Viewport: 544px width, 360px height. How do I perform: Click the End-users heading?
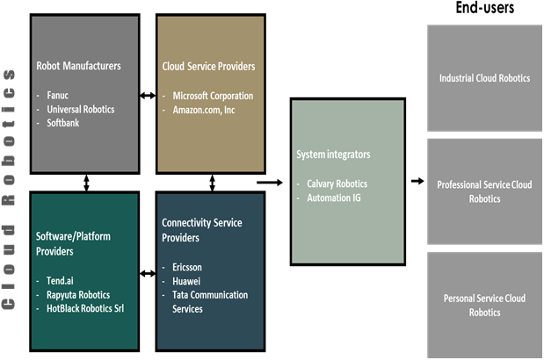pyautogui.click(x=484, y=9)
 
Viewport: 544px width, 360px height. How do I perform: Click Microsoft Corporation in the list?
pyautogui.click(x=213, y=96)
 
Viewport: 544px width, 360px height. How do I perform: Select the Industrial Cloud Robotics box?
pyautogui.click(x=484, y=78)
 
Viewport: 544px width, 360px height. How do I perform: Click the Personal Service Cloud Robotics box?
pyautogui.click(x=484, y=306)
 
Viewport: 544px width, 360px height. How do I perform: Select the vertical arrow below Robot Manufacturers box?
pyautogui.click(x=86, y=182)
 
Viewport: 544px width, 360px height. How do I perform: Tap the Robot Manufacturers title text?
pyautogui.click(x=78, y=65)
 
